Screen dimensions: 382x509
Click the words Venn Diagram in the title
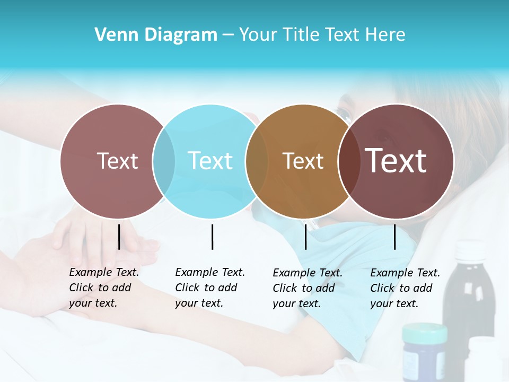click(156, 35)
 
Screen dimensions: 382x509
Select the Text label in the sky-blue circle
click(210, 161)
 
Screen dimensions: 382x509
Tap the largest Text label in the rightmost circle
click(396, 160)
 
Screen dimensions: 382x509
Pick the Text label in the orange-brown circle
click(303, 161)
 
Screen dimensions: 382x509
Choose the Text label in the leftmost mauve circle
click(117, 161)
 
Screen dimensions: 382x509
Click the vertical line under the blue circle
click(212, 237)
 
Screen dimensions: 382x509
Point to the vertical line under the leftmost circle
click(119, 237)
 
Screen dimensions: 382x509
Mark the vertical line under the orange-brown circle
click(305, 237)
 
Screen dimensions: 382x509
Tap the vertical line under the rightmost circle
click(395, 237)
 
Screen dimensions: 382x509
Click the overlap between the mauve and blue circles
click(164, 161)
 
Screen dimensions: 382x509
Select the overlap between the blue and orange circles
click(257, 161)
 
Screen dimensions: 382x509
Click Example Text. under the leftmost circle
click(104, 272)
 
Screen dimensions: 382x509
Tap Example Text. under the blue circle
click(210, 272)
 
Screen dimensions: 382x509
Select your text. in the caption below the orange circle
click(296, 303)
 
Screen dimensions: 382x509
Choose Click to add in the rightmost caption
click(401, 288)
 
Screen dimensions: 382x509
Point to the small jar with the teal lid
click(424, 350)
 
